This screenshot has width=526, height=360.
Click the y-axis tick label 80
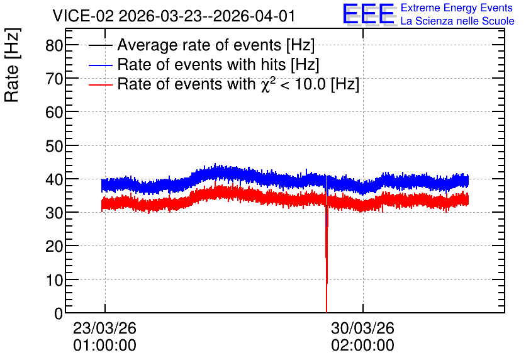[x=54, y=45]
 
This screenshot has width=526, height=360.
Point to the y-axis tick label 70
[x=54, y=79]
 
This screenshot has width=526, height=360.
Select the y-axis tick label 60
[x=54, y=112]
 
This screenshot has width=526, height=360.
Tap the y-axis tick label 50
[x=54, y=145]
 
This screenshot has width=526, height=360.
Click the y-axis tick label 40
[x=54, y=179]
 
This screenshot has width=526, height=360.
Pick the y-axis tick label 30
[x=54, y=213]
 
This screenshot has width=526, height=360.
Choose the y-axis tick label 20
[x=54, y=246]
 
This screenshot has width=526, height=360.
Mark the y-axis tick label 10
[x=54, y=280]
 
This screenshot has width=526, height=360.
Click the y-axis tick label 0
[x=59, y=313]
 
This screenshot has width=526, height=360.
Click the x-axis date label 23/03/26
[x=104, y=328]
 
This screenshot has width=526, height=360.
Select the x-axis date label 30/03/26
[x=362, y=328]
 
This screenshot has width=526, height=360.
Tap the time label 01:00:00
[x=104, y=346]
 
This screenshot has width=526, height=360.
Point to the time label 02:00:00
[x=362, y=346]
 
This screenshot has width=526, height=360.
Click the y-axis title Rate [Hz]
[x=13, y=65]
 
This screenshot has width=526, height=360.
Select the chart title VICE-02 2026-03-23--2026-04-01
[x=174, y=16]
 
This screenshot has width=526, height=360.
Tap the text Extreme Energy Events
[x=457, y=8]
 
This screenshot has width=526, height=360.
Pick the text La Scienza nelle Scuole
[x=457, y=21]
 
